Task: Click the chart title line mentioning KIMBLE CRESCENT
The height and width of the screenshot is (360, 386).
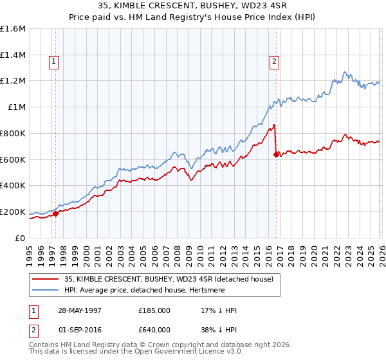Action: (x=192, y=6)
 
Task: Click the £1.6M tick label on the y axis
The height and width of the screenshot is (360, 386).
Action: (x=13, y=29)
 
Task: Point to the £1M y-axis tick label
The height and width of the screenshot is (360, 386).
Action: (x=16, y=107)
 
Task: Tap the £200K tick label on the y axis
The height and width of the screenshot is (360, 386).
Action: (x=13, y=212)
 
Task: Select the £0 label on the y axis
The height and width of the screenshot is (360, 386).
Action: (x=21, y=238)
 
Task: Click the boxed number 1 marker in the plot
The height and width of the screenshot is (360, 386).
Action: (x=53, y=62)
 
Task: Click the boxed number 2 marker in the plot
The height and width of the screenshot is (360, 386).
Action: (x=274, y=62)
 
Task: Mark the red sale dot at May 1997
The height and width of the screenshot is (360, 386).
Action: (x=56, y=213)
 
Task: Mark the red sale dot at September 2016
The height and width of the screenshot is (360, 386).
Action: (x=276, y=154)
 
